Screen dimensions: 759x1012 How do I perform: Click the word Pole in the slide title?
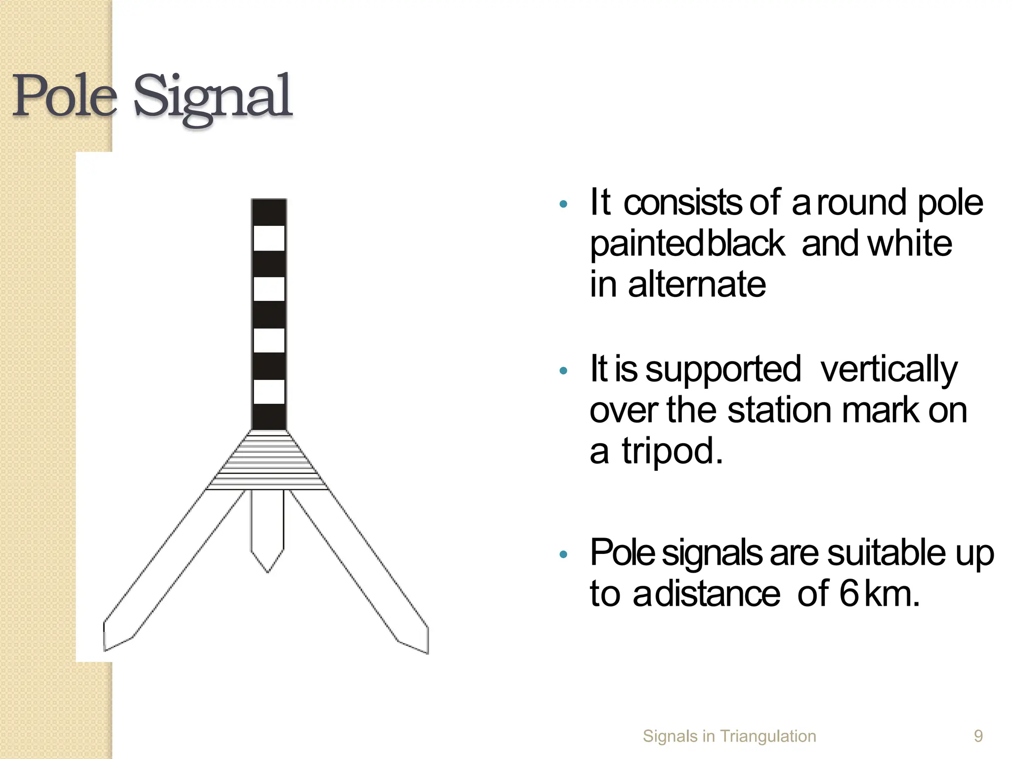click(64, 96)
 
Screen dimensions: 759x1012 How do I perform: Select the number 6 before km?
click(849, 593)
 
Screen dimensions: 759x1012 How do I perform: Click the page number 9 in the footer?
click(978, 736)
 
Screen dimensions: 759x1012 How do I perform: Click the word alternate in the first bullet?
click(697, 285)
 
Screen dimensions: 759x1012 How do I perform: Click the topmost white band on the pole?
click(269, 238)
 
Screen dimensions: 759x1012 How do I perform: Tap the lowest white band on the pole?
click(269, 392)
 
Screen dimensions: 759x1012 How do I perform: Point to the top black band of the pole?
click(269, 212)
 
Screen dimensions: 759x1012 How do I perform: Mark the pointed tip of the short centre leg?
click(268, 571)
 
